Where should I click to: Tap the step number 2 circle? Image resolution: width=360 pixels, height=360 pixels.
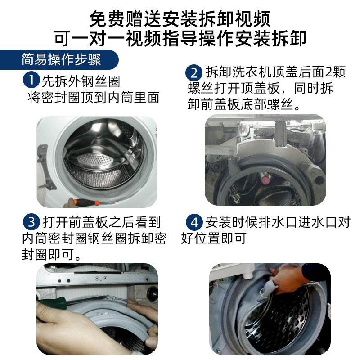coord(194,72)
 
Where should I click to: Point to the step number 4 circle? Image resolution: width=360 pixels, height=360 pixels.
coord(194,222)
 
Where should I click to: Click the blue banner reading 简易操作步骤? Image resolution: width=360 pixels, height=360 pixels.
coord(61,59)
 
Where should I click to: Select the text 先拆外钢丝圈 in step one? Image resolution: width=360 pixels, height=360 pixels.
coord(81,81)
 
